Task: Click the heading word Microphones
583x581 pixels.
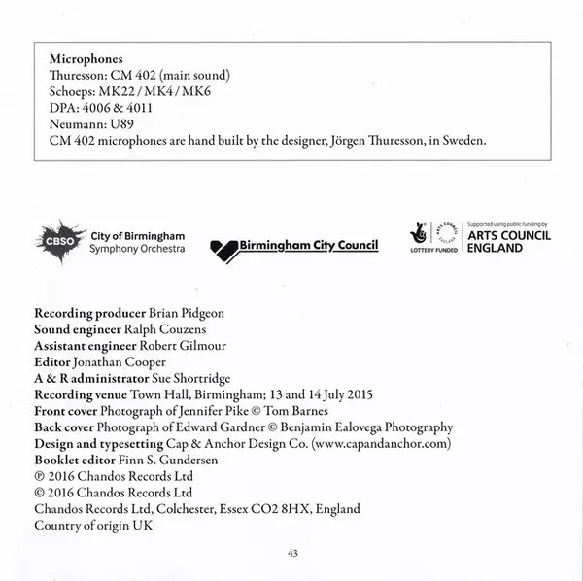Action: tap(86, 58)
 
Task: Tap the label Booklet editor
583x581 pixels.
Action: tap(75, 460)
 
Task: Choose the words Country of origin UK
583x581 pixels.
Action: tap(93, 525)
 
